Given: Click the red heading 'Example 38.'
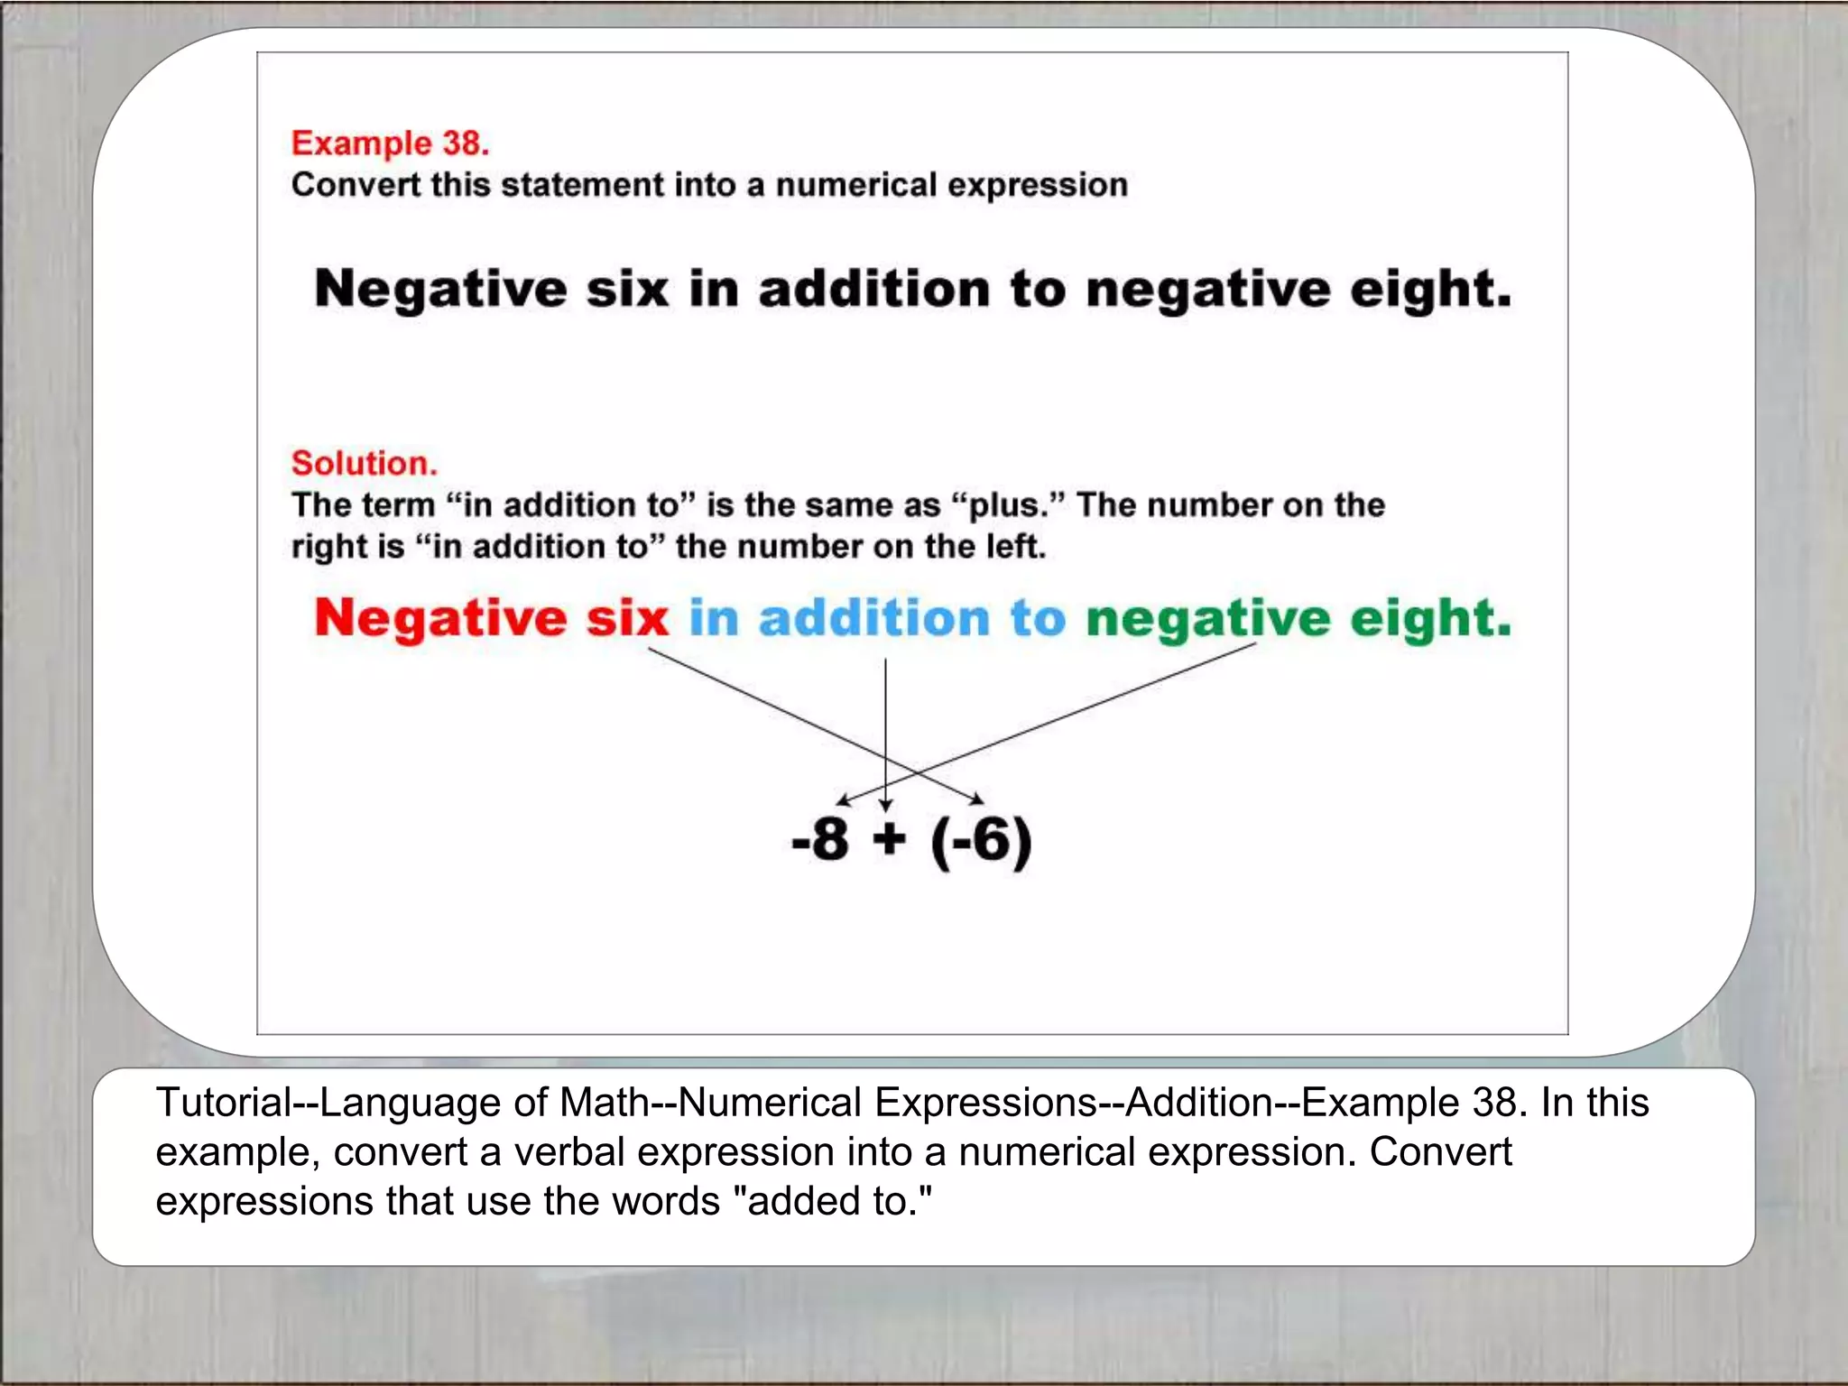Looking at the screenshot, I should pos(390,143).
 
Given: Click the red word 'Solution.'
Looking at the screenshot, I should pos(364,463).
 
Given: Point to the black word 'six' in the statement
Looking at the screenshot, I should pos(627,290).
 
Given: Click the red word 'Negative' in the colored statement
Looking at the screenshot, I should pos(440,620).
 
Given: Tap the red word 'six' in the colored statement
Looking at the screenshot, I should pos(627,620).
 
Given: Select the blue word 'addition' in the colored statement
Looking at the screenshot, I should pos(873,620).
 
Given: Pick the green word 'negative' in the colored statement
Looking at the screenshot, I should pos(1207,620).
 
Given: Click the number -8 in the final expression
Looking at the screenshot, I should pos(820,839).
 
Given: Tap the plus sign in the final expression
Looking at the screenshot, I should pos(889,839).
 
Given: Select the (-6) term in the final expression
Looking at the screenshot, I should pos(981,841).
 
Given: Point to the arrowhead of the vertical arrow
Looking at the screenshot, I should pos(886,804).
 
